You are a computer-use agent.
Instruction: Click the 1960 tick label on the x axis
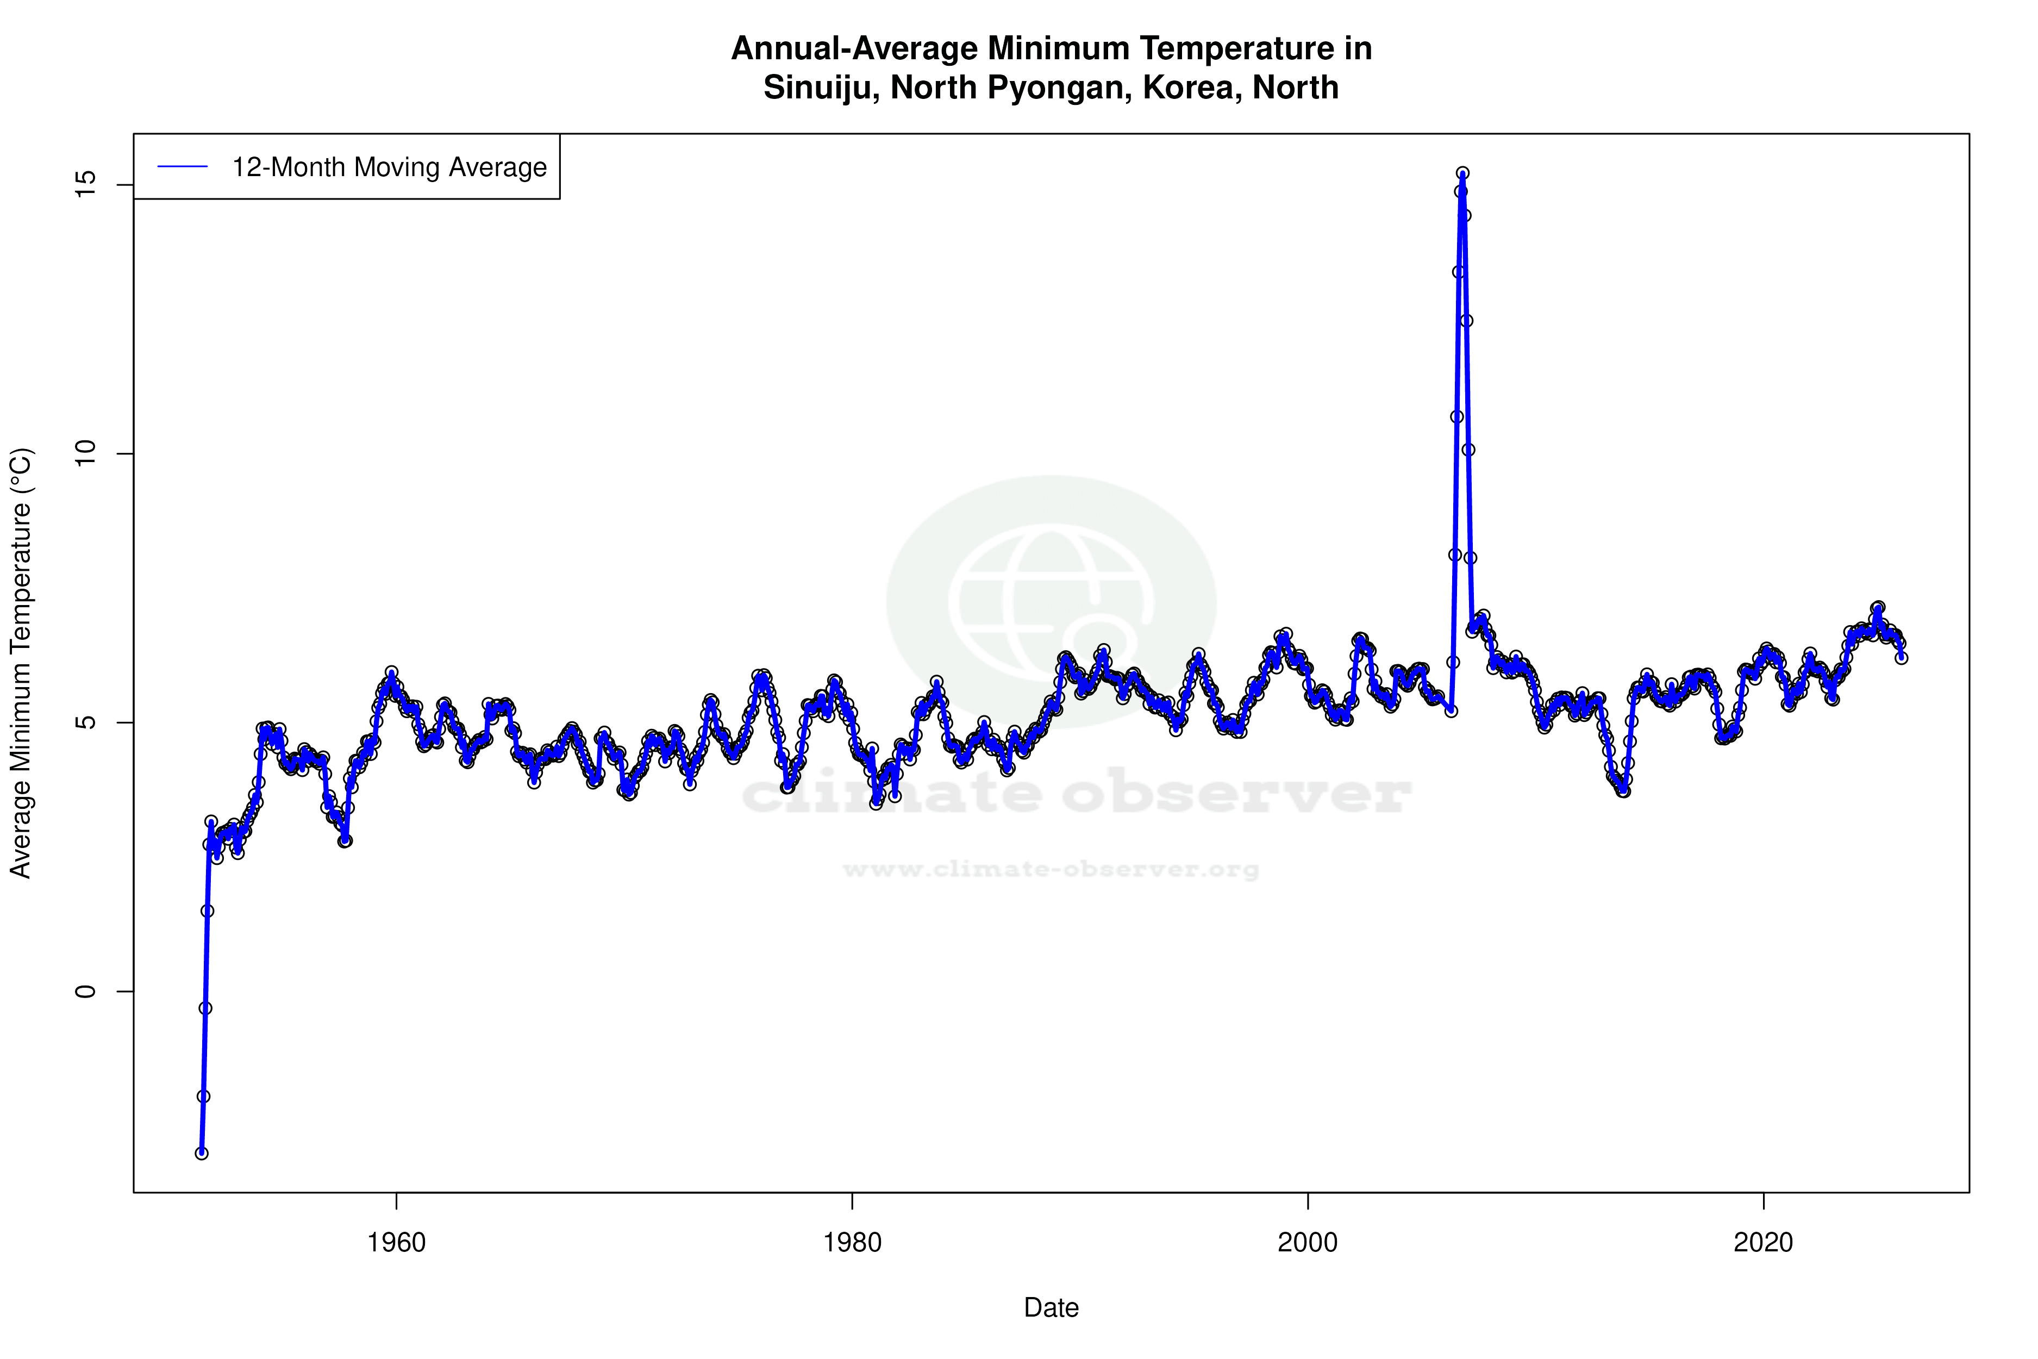tap(396, 1243)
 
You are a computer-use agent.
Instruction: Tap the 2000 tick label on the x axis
tap(1308, 1243)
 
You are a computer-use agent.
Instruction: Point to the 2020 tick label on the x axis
tap(1764, 1243)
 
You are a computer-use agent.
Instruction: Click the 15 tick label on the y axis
tap(85, 185)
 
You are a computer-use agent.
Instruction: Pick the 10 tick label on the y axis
tap(85, 453)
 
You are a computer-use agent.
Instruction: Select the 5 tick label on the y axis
tap(85, 722)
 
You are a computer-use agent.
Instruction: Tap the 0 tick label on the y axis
tap(85, 990)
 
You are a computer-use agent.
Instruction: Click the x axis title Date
tap(1051, 1308)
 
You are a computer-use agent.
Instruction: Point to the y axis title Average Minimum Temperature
tap(21, 663)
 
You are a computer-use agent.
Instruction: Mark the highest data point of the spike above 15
tap(1462, 173)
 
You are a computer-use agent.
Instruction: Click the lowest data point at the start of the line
tap(202, 1153)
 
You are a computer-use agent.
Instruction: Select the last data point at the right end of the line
tap(1901, 658)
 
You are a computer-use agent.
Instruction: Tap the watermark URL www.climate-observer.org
tap(1051, 869)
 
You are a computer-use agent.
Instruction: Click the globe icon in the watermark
tap(1051, 602)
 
